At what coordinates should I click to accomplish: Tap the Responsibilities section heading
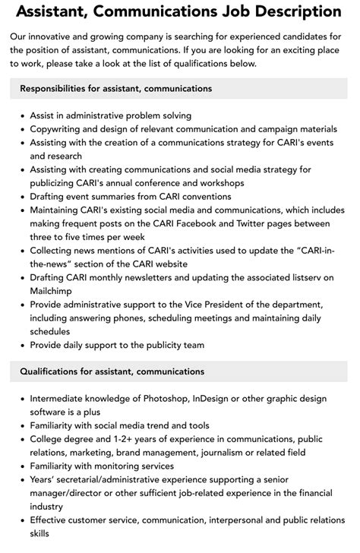116,89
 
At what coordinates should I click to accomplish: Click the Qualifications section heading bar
180,371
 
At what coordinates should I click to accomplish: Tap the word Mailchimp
55,291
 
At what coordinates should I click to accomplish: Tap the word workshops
219,183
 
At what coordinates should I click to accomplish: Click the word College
49,439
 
